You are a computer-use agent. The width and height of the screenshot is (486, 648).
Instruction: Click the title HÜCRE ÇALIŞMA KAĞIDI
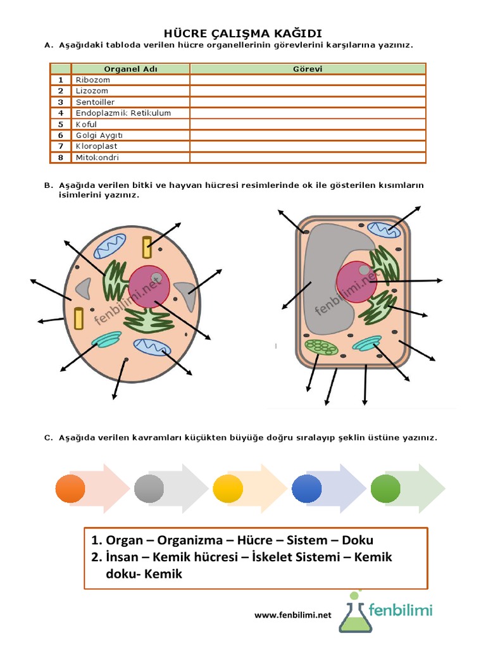(244, 33)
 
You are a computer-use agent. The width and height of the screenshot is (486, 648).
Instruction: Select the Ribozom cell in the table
(92, 80)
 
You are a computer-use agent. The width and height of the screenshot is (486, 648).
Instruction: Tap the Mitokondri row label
(97, 158)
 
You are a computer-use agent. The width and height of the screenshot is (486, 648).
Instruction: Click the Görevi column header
(308, 69)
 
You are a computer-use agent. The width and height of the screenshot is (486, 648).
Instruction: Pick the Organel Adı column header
(130, 69)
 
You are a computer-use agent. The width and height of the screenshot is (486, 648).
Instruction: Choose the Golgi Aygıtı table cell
(99, 135)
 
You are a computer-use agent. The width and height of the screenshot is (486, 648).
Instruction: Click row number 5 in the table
(61, 124)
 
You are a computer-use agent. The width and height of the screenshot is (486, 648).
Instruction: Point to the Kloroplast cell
(96, 146)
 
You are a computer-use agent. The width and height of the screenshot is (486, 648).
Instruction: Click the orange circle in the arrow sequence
(70, 488)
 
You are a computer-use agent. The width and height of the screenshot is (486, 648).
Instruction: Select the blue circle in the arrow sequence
(307, 488)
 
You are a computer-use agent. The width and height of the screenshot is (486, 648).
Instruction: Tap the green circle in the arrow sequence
(385, 488)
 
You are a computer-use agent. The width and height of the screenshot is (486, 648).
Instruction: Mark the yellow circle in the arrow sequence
(228, 488)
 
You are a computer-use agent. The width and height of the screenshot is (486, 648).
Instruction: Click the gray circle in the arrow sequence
(149, 488)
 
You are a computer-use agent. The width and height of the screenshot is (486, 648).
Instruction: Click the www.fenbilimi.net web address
(293, 614)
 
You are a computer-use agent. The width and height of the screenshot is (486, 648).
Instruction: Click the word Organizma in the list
(190, 540)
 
